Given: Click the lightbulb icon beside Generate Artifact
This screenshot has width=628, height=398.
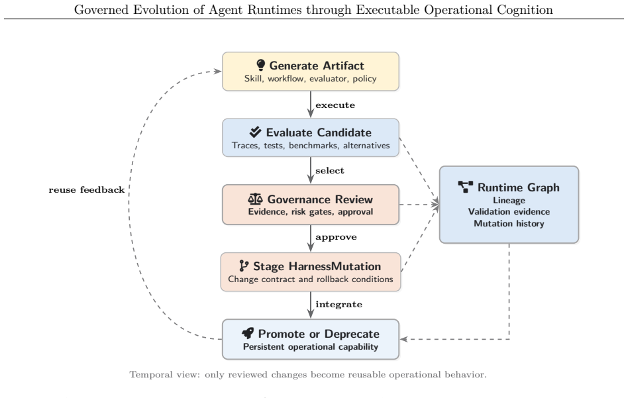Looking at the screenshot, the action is pos(261,65).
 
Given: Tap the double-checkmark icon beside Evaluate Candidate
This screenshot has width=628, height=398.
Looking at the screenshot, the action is pos(255,132).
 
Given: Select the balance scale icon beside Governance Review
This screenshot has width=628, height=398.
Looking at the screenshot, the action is pos(255,199).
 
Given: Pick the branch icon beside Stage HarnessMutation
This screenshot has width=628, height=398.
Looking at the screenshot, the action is pos(244,266).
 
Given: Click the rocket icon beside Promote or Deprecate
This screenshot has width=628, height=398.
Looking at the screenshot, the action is pos(248,333).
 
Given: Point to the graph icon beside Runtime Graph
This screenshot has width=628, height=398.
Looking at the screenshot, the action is pos(466,187).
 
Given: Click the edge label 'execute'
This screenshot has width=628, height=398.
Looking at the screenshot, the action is pos(335,105).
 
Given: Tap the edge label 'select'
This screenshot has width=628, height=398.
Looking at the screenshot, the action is pos(330,171).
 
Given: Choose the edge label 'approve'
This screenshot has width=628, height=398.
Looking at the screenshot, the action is pos(336,237).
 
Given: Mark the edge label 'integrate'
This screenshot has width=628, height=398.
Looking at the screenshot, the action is pos(339,305).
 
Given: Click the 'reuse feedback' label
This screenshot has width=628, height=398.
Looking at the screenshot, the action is pos(87,190).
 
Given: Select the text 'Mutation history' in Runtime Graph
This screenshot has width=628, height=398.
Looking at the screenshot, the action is pos(509,223).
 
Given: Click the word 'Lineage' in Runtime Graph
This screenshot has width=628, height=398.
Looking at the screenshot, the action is pos(509,200).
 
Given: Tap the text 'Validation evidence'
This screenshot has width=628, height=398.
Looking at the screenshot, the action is pos(509,211).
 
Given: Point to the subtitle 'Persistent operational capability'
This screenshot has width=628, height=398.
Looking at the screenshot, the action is pos(311,347).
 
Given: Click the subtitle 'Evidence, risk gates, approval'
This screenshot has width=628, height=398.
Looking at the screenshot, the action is pos(311,211).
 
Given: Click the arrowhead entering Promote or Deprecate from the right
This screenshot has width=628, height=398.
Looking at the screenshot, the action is pos(403,339).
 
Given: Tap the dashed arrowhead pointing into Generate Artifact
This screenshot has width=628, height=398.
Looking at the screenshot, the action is pos(217,72).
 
